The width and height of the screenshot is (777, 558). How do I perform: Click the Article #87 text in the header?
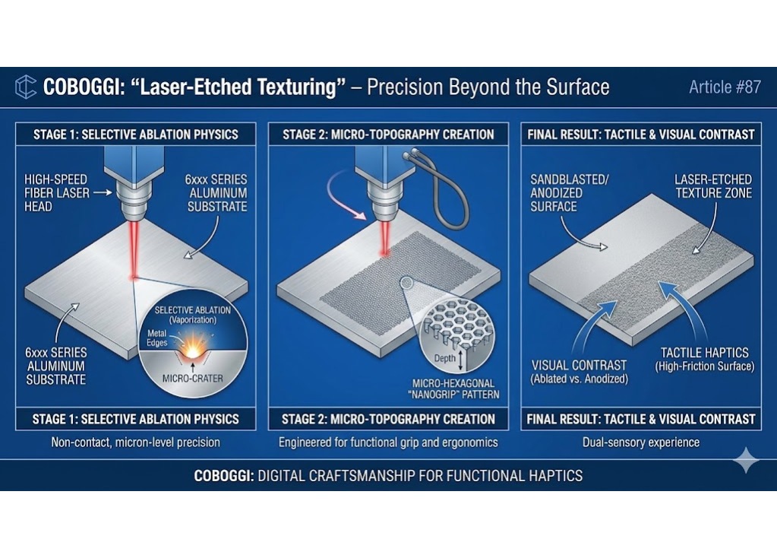click(724, 87)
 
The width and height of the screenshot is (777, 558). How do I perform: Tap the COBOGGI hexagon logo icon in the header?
click(26, 87)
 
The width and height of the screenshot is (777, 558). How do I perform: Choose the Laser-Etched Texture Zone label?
click(713, 187)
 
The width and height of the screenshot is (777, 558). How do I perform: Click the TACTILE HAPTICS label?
click(704, 359)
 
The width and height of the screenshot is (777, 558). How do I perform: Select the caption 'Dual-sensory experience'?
click(640, 442)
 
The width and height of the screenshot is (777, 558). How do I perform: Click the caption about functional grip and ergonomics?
click(387, 442)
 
